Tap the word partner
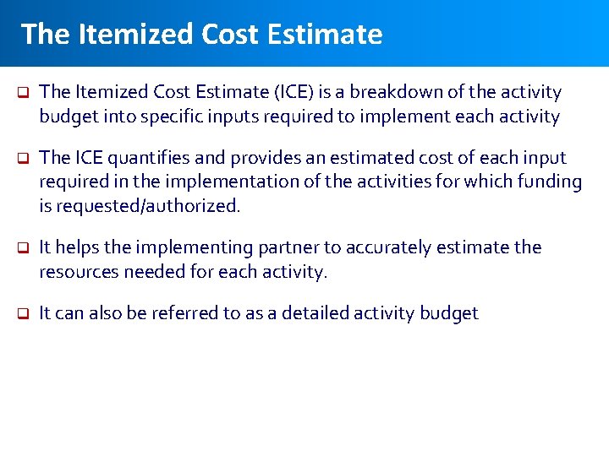260,247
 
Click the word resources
80,272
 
